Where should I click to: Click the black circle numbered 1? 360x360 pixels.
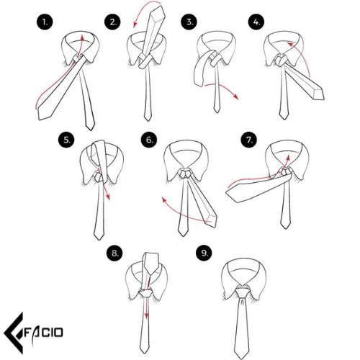click(45, 22)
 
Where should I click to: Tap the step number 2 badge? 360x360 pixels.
click(112, 22)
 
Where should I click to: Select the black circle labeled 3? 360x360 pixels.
click(189, 22)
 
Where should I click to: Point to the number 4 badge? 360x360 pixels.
click(256, 22)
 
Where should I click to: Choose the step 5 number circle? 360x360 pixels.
click(66, 140)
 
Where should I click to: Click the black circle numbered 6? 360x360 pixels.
click(149, 140)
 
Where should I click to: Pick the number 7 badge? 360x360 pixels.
click(249, 140)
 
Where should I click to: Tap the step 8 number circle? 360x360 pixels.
click(114, 253)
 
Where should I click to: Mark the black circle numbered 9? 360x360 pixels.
click(204, 253)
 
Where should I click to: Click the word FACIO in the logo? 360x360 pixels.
click(44, 333)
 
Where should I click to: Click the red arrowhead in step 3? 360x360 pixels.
click(236, 96)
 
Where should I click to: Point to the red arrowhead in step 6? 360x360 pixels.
click(164, 199)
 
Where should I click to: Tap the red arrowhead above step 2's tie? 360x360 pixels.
click(135, 24)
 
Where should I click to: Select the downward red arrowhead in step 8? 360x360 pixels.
click(146, 316)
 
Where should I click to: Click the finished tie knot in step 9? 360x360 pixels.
click(242, 292)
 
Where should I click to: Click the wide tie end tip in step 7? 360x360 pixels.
click(226, 192)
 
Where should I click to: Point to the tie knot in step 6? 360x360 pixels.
click(185, 174)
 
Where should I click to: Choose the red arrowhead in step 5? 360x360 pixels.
click(108, 197)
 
